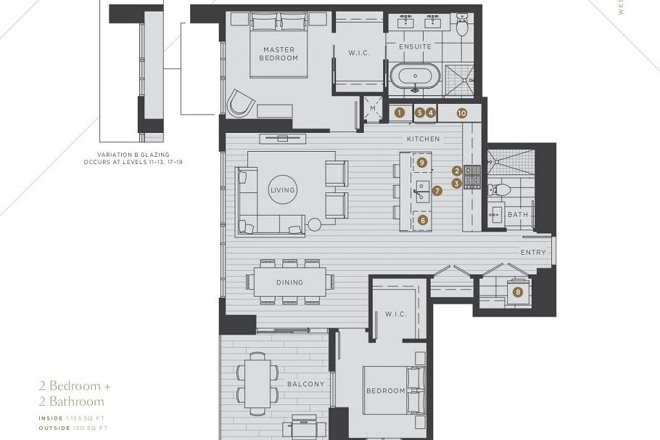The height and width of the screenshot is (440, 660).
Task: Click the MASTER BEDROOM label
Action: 279,53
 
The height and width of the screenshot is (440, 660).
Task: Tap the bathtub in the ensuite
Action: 415,76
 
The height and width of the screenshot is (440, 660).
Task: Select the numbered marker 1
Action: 399,113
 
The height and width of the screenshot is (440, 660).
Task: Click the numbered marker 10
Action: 461,113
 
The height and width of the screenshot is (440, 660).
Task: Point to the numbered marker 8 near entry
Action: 517,292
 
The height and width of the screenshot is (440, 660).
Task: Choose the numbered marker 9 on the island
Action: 422,162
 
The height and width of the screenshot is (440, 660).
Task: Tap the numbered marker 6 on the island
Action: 423,219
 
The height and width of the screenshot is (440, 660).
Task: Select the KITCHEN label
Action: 423,138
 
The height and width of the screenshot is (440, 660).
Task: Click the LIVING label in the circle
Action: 282,190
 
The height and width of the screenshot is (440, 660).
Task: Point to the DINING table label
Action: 289,282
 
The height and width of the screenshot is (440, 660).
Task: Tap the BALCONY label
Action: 305,383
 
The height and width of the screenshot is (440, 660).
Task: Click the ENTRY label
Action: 533,252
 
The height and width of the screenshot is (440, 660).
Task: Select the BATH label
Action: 518,214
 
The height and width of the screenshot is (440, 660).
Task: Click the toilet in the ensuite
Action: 462,23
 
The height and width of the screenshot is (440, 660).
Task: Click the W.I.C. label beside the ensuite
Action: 359,52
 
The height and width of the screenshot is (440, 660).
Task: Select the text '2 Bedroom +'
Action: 75,386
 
